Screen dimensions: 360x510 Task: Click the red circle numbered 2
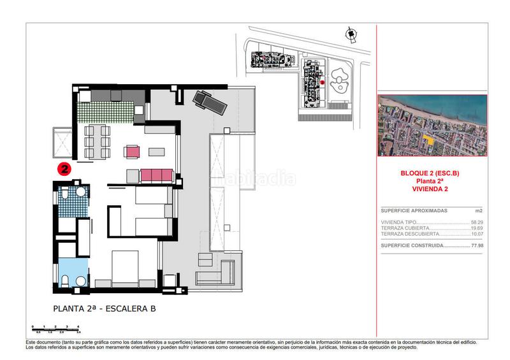pos(64,169)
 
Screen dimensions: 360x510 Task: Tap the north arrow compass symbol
pos(349,34)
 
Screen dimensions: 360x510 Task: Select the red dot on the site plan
pos(323,82)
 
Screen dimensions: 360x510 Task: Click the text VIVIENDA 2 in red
pos(432,189)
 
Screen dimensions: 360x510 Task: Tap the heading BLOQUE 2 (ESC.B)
pos(432,173)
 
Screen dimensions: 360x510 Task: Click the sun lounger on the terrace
pos(208,102)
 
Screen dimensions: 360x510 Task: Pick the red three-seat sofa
pos(157,174)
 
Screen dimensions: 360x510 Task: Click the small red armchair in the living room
pos(133,152)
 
